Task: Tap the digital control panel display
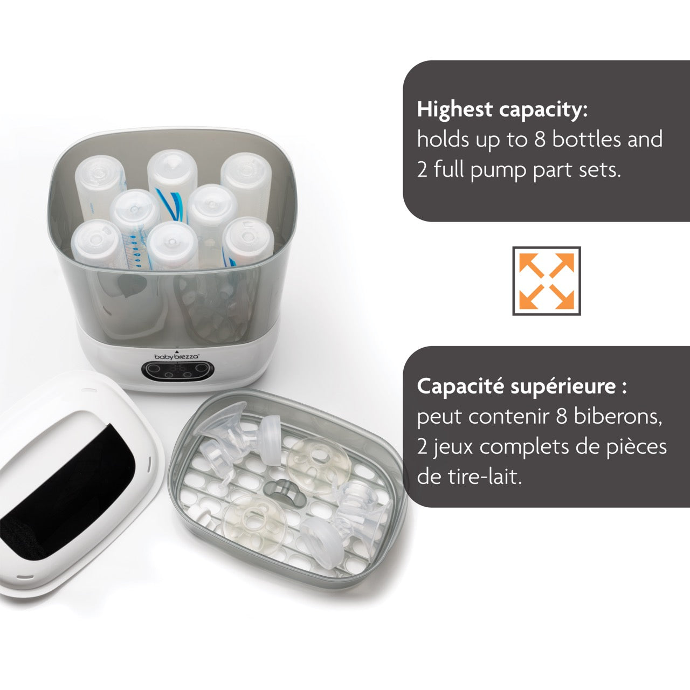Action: tap(177, 370)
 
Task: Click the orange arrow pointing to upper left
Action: tap(531, 265)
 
